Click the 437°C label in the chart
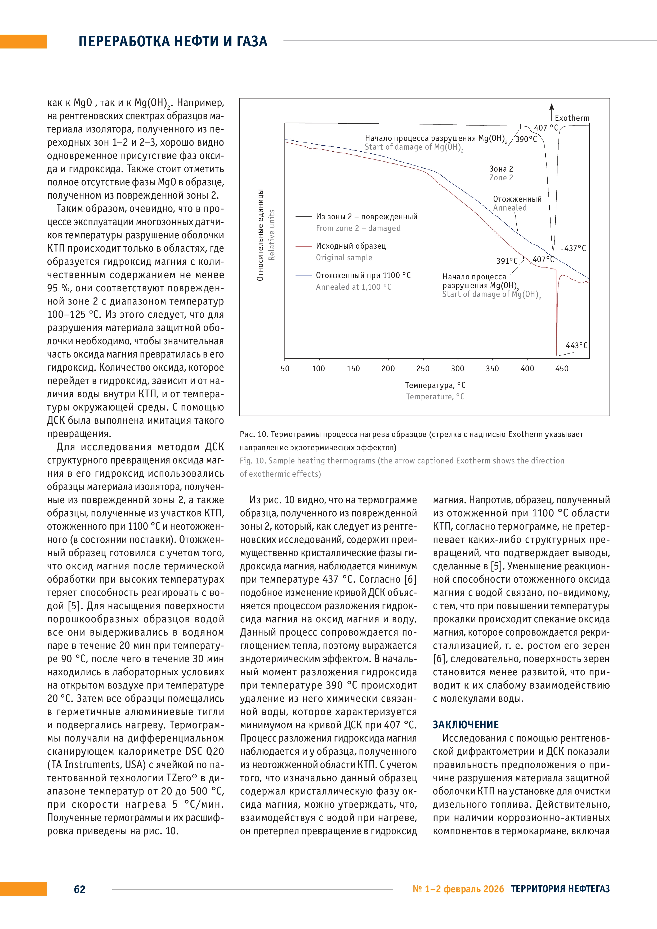pos(575,248)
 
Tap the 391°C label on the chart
pos(507,261)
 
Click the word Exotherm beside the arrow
pos(572,118)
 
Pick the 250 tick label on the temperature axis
pos(423,369)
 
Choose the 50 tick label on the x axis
pos(285,369)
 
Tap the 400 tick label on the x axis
pos(527,369)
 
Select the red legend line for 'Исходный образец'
pos(303,246)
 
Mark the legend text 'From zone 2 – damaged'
pos(358,228)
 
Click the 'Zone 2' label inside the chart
pos(501,178)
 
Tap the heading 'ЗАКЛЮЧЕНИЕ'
pos(466,724)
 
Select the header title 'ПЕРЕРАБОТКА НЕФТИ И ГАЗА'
pos(173,41)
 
